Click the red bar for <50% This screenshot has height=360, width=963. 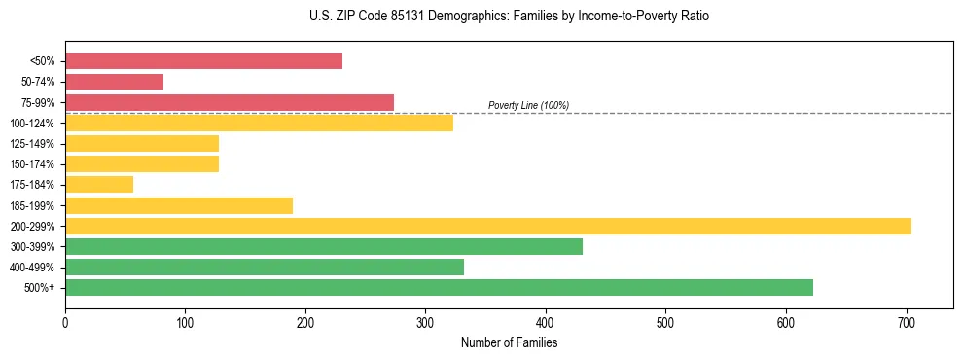[203, 61]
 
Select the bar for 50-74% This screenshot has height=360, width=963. [114, 82]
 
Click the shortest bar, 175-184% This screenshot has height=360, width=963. [99, 185]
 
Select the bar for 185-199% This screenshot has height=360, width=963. [179, 205]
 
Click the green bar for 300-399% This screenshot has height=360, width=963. [324, 247]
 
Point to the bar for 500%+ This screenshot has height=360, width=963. [439, 288]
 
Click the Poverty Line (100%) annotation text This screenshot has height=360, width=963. [528, 105]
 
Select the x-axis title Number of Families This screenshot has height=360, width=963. [509, 342]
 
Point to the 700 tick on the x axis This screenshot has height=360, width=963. [907, 321]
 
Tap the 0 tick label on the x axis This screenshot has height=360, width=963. [65, 321]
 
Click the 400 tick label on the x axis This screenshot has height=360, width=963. [546, 321]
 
